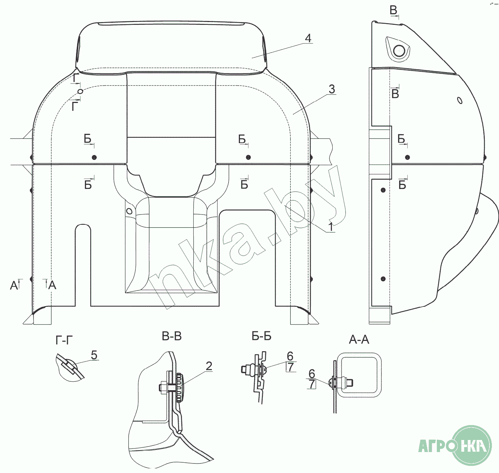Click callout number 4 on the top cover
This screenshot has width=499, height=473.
(308, 38)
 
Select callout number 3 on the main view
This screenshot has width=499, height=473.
(331, 89)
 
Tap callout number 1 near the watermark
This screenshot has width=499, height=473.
(331, 227)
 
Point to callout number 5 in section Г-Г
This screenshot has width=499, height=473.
(94, 355)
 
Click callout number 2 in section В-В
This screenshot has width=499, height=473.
(209, 366)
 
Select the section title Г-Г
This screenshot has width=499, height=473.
(64, 341)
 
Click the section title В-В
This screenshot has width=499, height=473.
(172, 336)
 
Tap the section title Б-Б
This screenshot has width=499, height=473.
(261, 336)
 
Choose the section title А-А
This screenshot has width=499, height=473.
(359, 340)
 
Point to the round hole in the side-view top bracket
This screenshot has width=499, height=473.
(399, 50)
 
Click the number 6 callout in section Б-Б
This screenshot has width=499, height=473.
(290, 356)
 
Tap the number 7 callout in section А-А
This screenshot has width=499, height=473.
(312, 384)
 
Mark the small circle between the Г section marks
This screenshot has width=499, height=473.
(81, 92)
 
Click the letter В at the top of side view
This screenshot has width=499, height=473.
(393, 10)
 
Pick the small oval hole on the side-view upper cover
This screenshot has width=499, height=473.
(460, 100)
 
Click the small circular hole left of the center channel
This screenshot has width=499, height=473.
(129, 212)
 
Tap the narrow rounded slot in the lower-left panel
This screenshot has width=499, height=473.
(83, 265)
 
